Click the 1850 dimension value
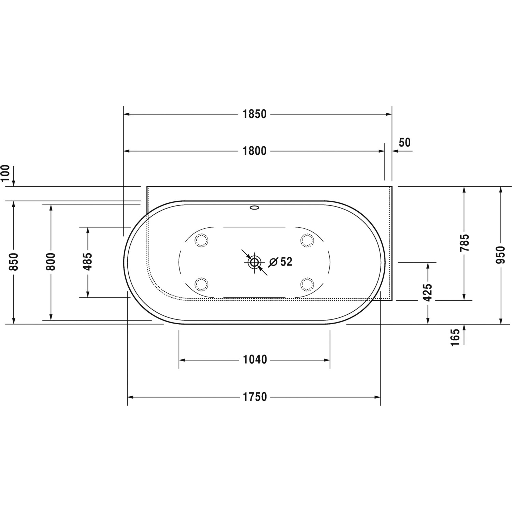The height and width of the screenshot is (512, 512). (x=254, y=114)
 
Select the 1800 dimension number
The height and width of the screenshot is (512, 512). (x=254, y=151)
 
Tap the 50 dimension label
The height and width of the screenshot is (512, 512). (x=404, y=142)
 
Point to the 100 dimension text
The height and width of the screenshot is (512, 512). (x=6, y=173)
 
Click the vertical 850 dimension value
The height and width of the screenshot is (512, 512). (x=13, y=262)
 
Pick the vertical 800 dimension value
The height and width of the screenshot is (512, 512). (x=51, y=262)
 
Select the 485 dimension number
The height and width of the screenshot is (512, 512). (x=88, y=261)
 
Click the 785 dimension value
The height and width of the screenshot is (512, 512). (x=464, y=243)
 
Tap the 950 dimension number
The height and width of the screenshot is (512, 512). (x=500, y=255)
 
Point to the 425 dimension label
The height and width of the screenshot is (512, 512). (x=427, y=293)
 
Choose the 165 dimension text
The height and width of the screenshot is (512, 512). (x=455, y=338)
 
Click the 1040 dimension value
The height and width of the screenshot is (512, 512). (x=255, y=359)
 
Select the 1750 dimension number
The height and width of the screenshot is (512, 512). (x=255, y=397)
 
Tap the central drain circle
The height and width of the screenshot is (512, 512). (x=254, y=262)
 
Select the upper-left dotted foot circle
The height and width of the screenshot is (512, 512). (x=201, y=241)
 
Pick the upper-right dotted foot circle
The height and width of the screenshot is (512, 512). (x=307, y=241)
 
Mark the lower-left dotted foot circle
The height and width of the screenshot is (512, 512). (x=201, y=283)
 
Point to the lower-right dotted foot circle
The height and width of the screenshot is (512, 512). (x=307, y=283)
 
